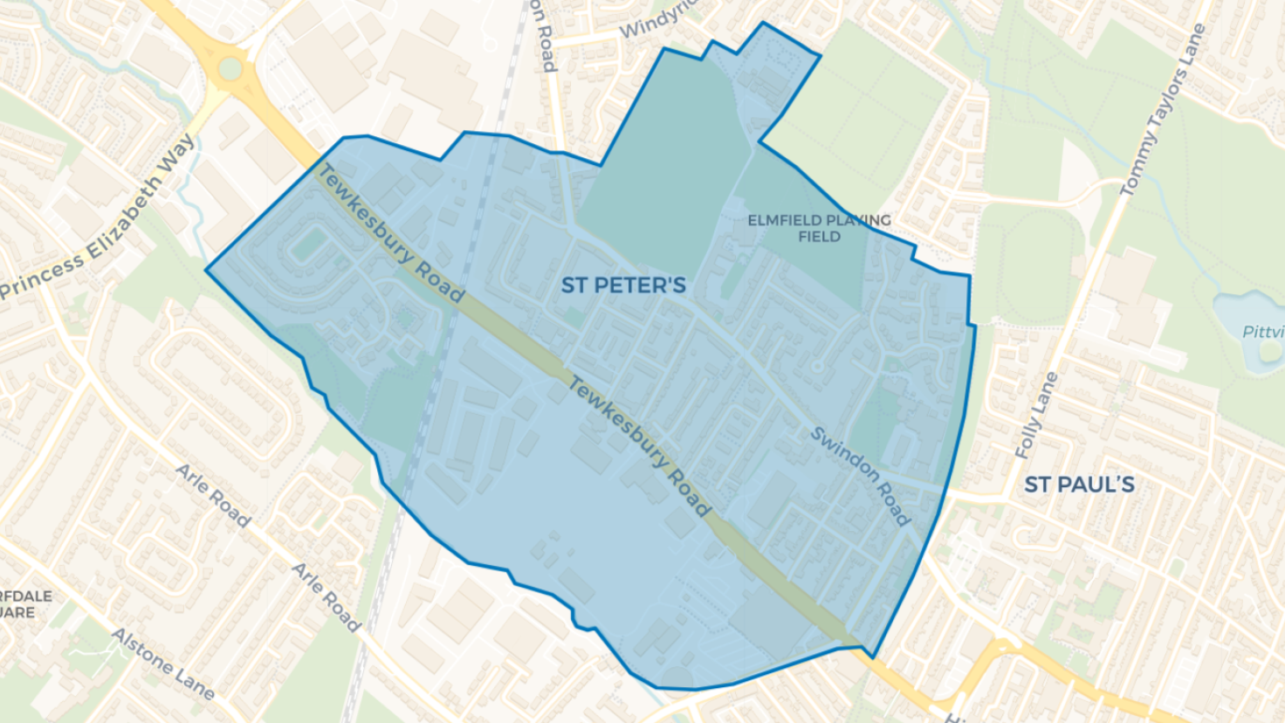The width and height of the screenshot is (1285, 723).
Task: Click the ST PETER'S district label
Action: click(622, 285)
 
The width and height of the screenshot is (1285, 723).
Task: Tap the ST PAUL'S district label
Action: click(1079, 485)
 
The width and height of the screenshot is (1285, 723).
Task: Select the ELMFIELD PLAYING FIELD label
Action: click(819, 228)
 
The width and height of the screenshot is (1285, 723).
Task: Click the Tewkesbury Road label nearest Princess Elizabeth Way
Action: click(389, 234)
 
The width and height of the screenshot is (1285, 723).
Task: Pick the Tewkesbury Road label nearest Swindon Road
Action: click(640, 445)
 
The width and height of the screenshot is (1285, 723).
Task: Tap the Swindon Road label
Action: click(860, 475)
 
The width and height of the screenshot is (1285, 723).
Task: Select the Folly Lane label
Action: click(1036, 416)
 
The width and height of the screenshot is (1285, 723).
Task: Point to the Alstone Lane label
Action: click(163, 664)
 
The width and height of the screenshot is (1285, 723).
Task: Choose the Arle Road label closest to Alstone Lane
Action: click(326, 597)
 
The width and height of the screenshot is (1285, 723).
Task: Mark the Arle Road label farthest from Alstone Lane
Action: click(213, 495)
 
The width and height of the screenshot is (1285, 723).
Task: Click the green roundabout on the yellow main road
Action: click(230, 67)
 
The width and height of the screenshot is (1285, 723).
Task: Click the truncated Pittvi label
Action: click(1262, 332)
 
